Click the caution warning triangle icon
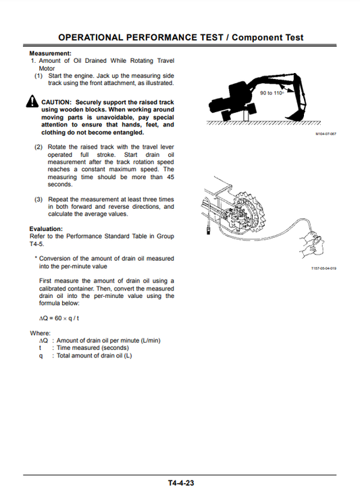pos(33,103)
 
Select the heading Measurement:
pos(51,53)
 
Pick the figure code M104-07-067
pos(326,134)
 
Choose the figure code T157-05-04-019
pos(324,268)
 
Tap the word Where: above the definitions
pos(41,333)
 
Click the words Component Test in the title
pos(268,38)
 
